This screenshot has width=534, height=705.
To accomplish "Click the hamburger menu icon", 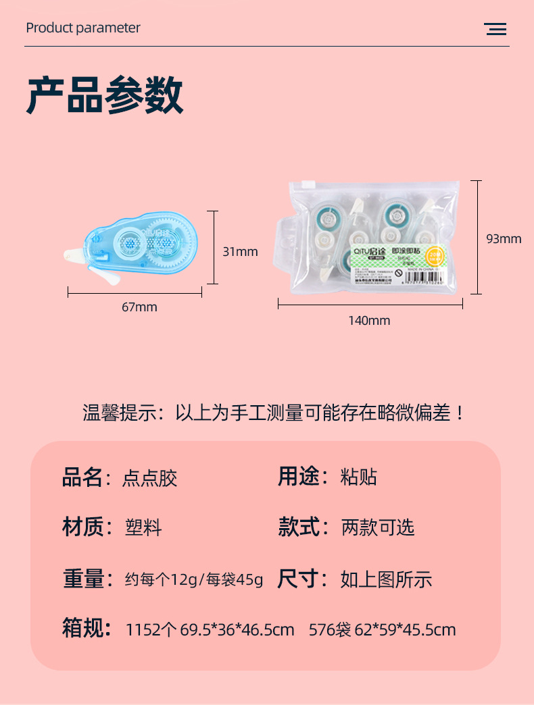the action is coord(495,29).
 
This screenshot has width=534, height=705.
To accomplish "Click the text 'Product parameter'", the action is coord(83,28).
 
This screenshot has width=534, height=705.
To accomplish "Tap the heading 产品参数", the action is coord(105,96).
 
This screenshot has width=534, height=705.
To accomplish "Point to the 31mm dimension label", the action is coord(240,252).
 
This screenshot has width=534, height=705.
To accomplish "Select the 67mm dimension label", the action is coord(139,307).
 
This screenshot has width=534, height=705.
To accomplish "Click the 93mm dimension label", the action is coord(504,238).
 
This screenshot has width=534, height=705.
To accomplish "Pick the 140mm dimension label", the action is coord(369,321).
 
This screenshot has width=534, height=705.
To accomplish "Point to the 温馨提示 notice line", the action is coord(274,413).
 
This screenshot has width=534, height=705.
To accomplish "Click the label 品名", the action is coord(82,477).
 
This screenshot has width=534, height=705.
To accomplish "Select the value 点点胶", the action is coord(149,478).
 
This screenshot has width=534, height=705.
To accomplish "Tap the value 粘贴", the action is coord(358,477).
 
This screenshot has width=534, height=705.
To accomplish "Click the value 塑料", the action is coord(143,527).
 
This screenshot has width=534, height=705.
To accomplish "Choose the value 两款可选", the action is coord(377,527).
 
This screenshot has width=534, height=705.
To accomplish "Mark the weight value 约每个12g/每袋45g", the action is coord(194,579).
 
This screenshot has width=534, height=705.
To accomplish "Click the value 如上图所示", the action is coord(386,579).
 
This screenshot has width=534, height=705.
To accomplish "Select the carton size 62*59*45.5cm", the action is coord(405,630).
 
